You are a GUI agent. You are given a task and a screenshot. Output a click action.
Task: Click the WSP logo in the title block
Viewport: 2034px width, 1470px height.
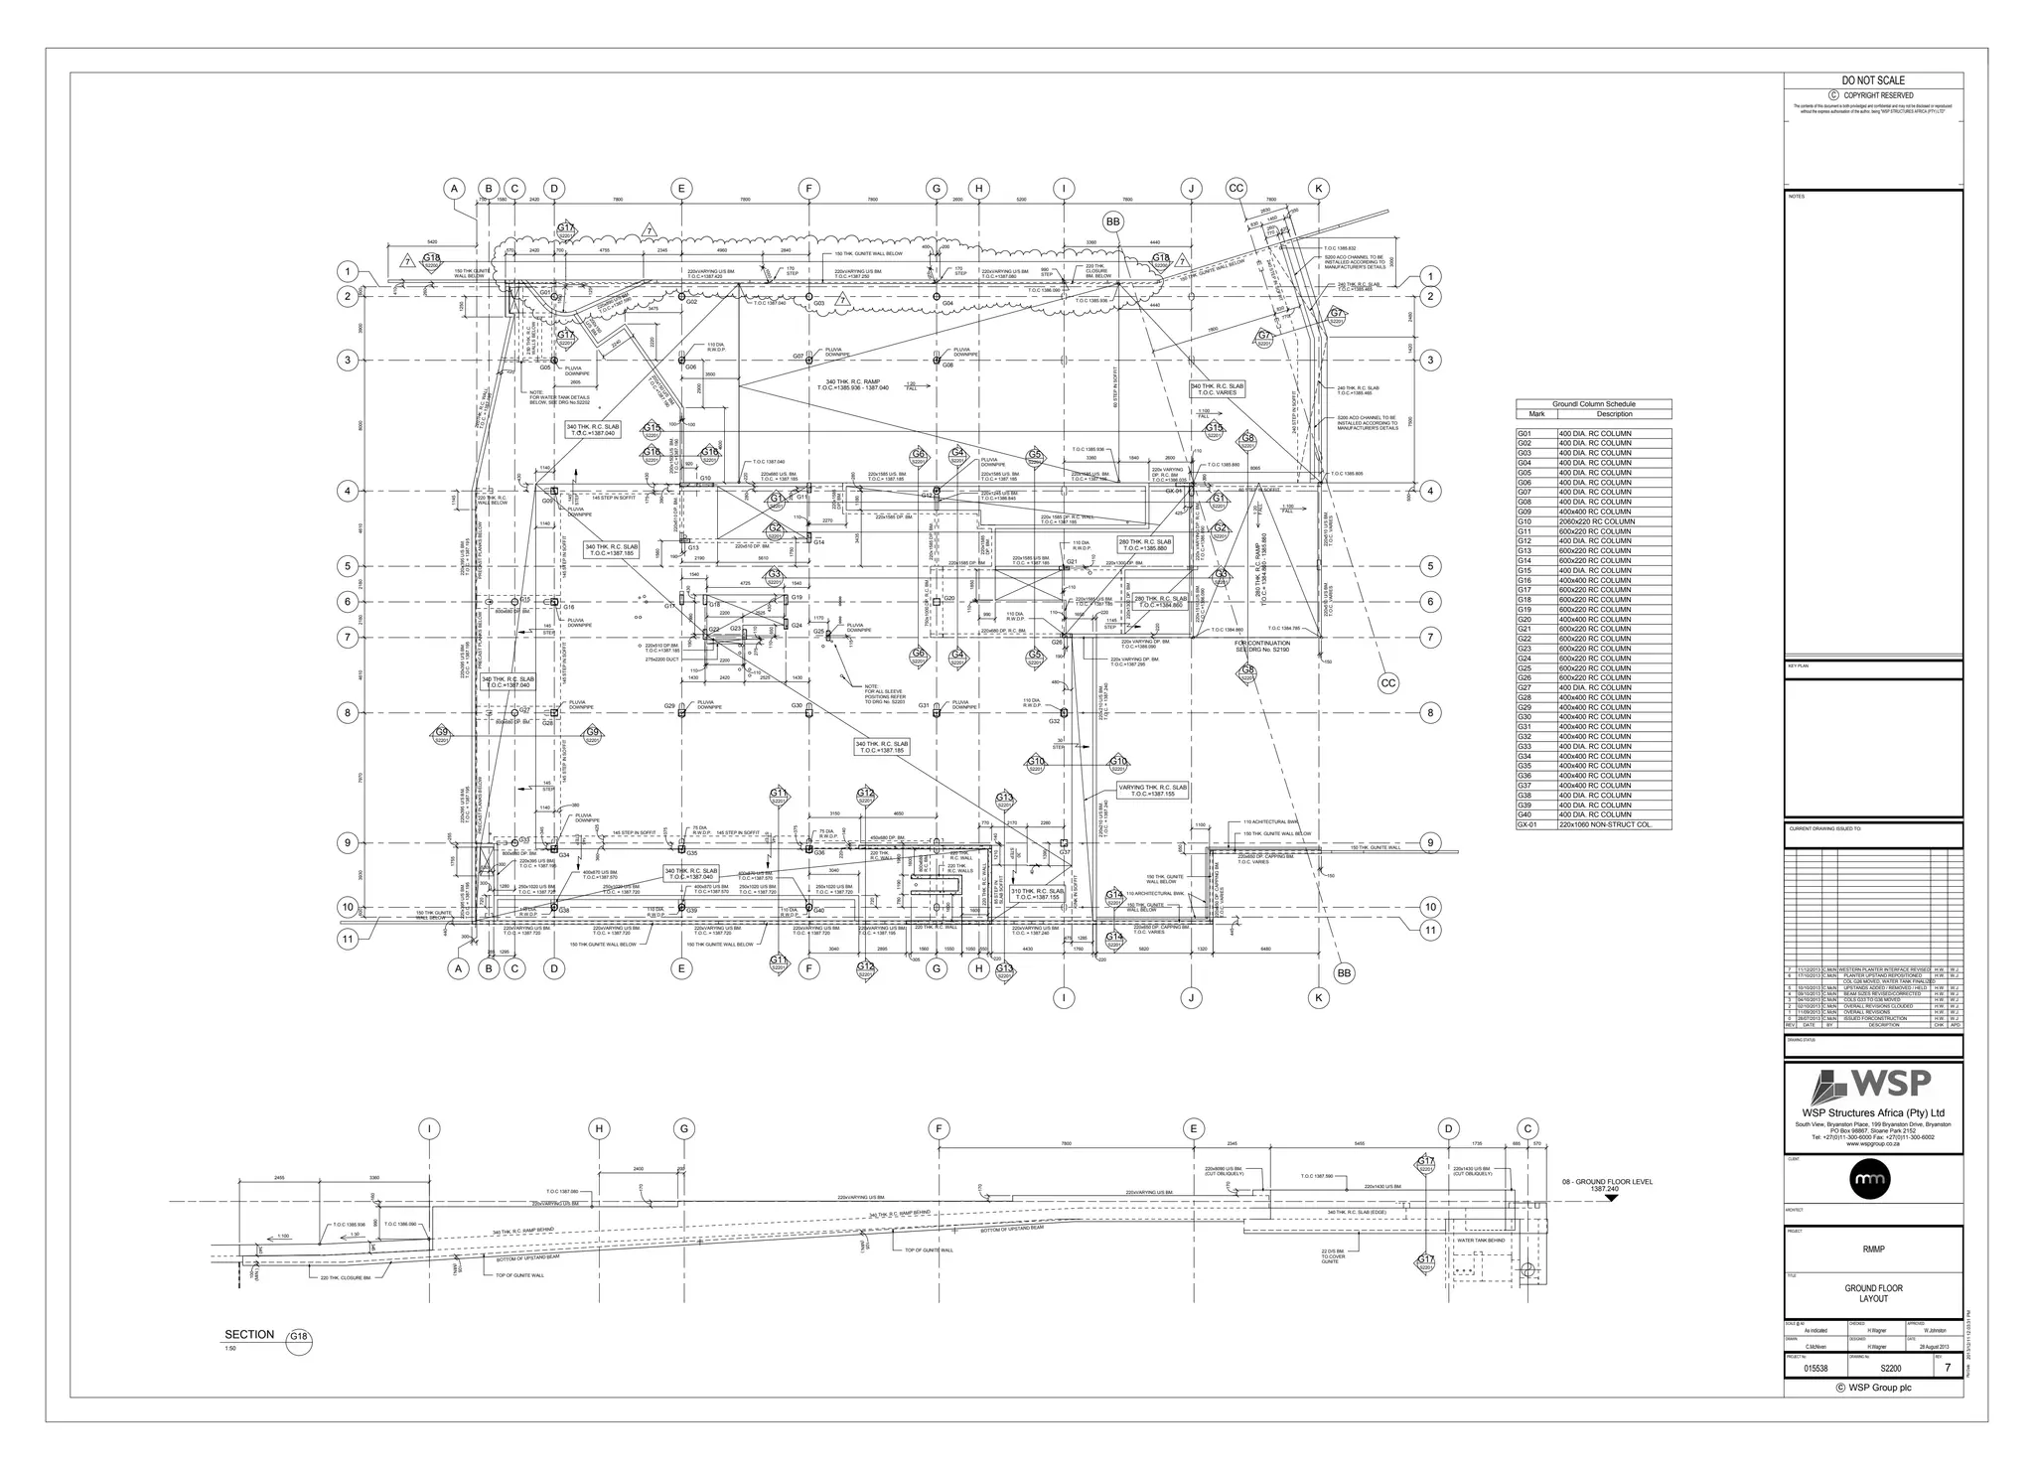[1873, 1084]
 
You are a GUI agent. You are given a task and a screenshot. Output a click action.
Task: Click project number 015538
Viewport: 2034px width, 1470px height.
[1816, 1369]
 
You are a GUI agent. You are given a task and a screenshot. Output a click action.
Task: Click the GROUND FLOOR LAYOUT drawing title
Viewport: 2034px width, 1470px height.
[1873, 1293]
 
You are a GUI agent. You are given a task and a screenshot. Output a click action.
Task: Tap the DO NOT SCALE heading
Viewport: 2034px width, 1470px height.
[1873, 80]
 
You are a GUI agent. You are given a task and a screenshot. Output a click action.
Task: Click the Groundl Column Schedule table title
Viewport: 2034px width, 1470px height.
[1593, 404]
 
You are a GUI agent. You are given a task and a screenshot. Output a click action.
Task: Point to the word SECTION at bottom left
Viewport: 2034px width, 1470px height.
[249, 1334]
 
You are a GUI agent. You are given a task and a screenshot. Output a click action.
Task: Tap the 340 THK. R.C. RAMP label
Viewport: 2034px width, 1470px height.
[853, 381]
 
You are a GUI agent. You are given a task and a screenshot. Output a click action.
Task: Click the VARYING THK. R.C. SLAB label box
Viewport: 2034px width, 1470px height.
[1152, 791]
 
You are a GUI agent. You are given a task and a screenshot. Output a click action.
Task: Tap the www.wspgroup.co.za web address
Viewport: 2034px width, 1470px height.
[1873, 1144]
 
